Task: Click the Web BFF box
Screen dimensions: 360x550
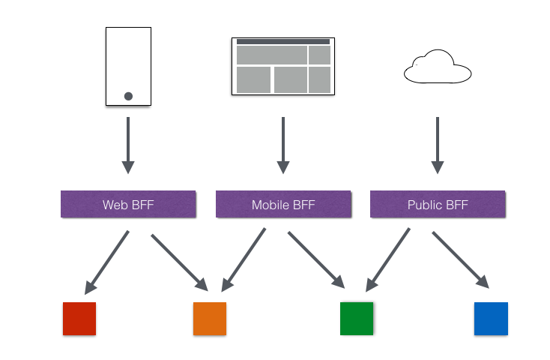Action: [128, 204]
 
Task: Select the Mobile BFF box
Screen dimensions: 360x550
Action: [283, 204]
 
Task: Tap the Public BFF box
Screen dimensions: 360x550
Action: [438, 204]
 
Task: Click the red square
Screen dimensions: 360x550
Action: [79, 318]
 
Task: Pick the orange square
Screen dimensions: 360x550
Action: [210, 318]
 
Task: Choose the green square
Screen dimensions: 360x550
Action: [357, 318]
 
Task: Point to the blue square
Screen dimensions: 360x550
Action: [491, 318]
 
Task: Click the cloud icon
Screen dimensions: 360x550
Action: [438, 67]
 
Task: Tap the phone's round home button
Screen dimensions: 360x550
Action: [128, 96]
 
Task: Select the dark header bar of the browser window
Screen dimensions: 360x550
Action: [283, 42]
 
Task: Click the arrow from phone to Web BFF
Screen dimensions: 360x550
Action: [128, 143]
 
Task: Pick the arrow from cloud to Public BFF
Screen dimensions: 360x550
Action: [438, 143]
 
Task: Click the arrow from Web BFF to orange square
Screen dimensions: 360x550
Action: [180, 262]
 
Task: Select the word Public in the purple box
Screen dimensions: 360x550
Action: [424, 205]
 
